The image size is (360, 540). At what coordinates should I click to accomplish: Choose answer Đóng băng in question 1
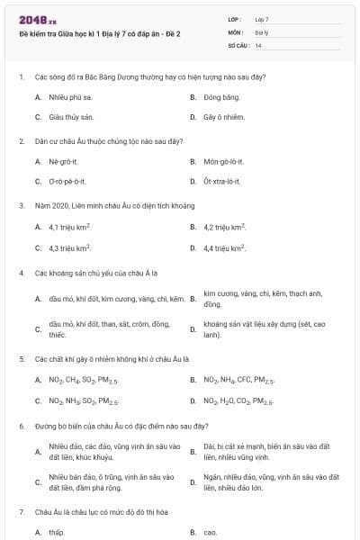[x=221, y=96]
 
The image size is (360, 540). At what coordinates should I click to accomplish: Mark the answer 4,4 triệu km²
[x=225, y=247]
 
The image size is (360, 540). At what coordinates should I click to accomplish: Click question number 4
[x=22, y=272]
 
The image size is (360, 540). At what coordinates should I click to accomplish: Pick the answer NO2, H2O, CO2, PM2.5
[x=238, y=401]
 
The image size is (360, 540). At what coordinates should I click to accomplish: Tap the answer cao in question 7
[x=211, y=532]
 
